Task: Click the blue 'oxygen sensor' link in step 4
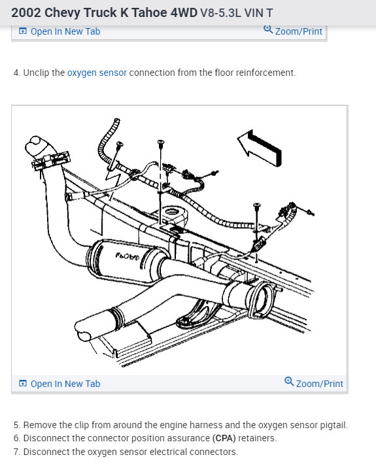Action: tap(97, 73)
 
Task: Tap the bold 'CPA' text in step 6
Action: tap(224, 438)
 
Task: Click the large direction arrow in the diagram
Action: tap(259, 148)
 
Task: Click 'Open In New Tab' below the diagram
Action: tap(65, 384)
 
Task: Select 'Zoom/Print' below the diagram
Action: tap(319, 384)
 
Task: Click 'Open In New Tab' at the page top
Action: tap(65, 31)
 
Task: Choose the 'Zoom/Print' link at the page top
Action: tap(299, 31)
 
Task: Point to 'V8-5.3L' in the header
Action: tap(220, 13)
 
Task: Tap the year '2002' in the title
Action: tap(26, 13)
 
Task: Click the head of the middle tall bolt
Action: tap(161, 142)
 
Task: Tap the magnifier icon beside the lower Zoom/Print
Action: tap(289, 381)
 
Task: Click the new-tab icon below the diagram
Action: tap(23, 384)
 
